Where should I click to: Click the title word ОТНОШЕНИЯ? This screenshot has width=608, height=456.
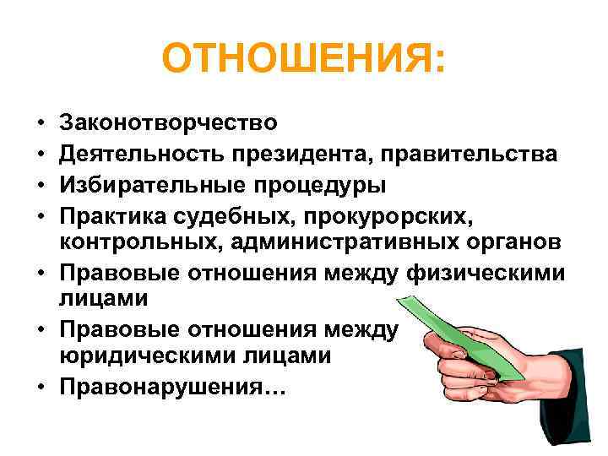[302, 60]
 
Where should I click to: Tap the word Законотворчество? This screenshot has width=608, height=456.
[168, 123]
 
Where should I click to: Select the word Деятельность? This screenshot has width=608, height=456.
[144, 155]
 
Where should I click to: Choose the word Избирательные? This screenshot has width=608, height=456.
[151, 185]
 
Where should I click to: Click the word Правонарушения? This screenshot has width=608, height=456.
[173, 388]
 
